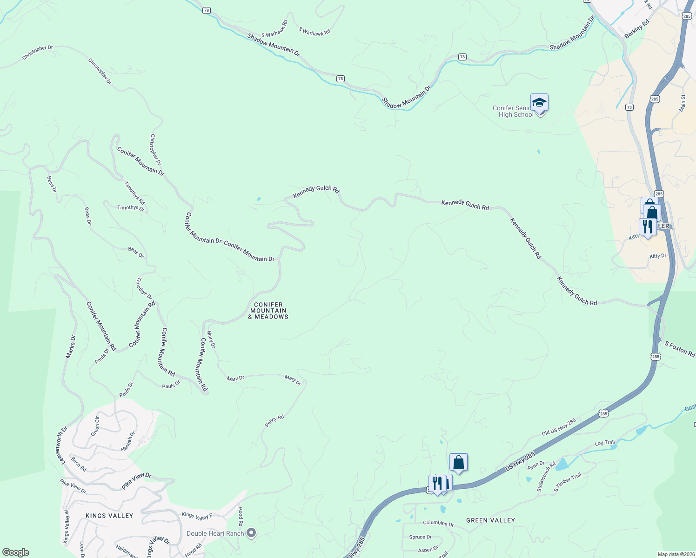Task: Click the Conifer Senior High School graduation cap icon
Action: click(539, 102)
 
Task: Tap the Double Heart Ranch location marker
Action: click(251, 532)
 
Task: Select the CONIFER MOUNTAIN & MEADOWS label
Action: click(268, 311)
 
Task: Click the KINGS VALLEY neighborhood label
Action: click(109, 516)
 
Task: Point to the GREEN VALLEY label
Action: click(490, 520)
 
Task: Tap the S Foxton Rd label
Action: click(680, 349)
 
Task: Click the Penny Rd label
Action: click(274, 421)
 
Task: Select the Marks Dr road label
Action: click(70, 347)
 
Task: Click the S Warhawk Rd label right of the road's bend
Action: click(315, 32)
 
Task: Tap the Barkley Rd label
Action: click(637, 29)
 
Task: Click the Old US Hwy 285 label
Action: click(559, 427)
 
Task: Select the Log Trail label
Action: click(605, 443)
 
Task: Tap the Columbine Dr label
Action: click(438, 523)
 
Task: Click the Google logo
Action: click(15, 552)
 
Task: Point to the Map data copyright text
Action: click(676, 554)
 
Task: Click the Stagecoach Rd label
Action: click(546, 477)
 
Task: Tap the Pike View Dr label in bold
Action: click(136, 481)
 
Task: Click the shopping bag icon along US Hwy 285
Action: click(458, 462)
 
